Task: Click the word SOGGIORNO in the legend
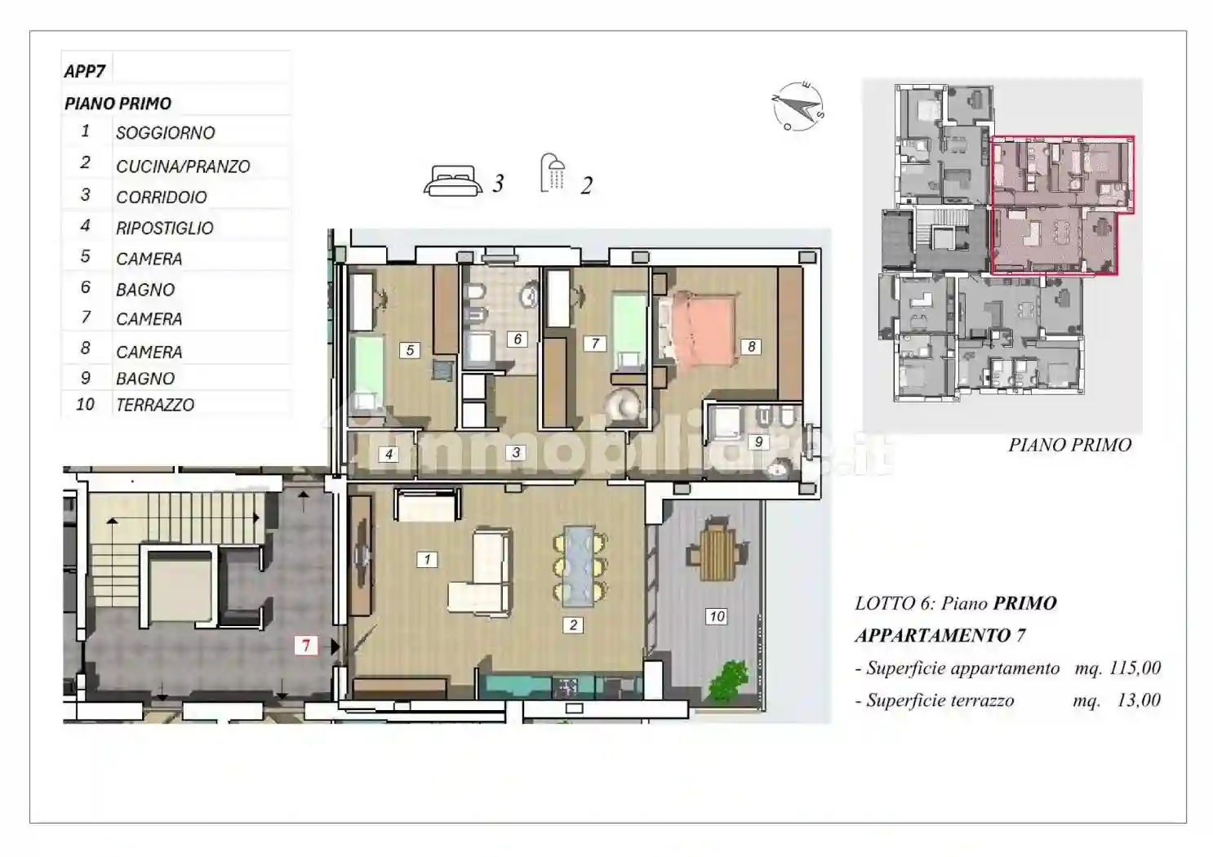click(x=166, y=133)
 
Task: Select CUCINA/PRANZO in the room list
click(x=183, y=167)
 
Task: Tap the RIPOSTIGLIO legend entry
click(x=165, y=228)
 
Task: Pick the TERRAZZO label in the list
click(x=155, y=405)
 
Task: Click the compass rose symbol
click(x=798, y=107)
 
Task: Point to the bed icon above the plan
click(x=453, y=180)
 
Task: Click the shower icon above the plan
click(x=553, y=173)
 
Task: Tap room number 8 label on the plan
click(x=751, y=347)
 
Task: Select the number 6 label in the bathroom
click(x=518, y=339)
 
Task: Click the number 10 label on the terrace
click(x=717, y=616)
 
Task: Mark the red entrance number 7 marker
click(x=306, y=646)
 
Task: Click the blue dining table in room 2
click(x=580, y=566)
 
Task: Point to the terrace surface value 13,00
click(x=1139, y=700)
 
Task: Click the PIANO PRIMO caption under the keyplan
click(x=1069, y=445)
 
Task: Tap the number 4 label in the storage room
click(x=389, y=454)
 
